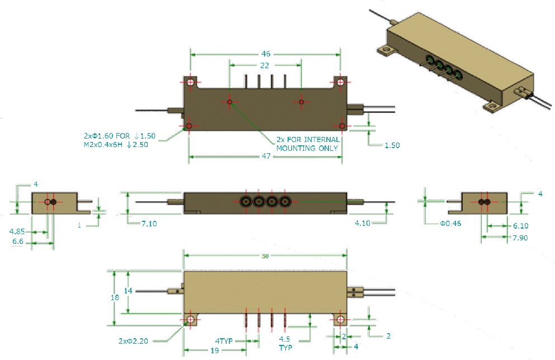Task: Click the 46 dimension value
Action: pyautogui.click(x=266, y=54)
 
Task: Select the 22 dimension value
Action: pyautogui.click(x=265, y=65)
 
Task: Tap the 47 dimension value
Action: pyautogui.click(x=266, y=157)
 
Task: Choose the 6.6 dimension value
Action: pyautogui.click(x=17, y=242)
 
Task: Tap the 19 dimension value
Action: pyautogui.click(x=215, y=350)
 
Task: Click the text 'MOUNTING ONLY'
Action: pyautogui.click(x=308, y=148)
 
